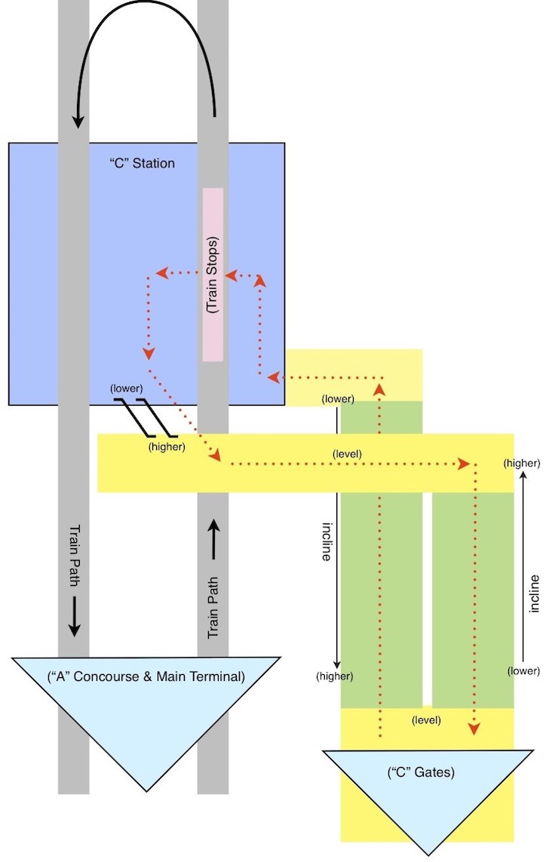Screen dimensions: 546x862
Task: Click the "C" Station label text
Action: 143,163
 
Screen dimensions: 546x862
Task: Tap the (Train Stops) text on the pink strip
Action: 212,275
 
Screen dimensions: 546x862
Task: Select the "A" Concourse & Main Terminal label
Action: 146,676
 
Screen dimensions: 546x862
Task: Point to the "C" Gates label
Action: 421,772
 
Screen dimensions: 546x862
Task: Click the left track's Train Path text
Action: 74,556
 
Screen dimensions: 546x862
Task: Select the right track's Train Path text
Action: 213,607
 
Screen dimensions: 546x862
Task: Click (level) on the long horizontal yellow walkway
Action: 347,454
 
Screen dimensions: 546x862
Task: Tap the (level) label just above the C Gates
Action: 426,719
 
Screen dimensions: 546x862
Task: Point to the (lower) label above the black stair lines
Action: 127,388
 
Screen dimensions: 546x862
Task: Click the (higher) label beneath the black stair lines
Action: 167,447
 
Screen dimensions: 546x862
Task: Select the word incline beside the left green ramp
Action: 327,541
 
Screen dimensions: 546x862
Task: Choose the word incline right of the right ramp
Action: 534,594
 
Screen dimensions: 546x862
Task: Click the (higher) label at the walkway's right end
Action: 522,464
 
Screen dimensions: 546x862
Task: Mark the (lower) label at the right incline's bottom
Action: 523,670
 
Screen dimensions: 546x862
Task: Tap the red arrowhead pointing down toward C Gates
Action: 474,729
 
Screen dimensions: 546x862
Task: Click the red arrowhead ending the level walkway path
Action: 464,464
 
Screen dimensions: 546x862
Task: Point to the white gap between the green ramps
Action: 428,599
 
